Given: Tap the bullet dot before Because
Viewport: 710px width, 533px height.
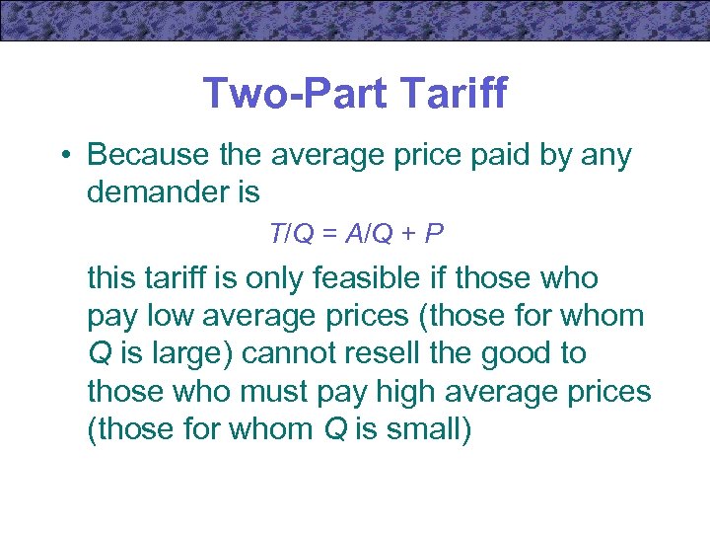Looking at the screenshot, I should [63, 156].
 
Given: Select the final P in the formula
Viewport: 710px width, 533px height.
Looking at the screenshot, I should [434, 234].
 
